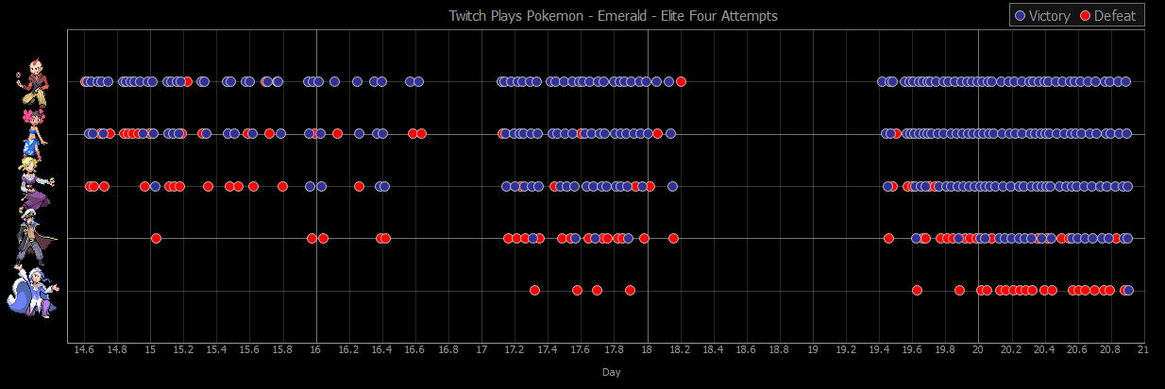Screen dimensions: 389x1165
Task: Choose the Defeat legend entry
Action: point(1107,16)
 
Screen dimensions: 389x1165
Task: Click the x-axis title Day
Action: point(612,372)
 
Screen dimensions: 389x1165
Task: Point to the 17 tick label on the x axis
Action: point(481,349)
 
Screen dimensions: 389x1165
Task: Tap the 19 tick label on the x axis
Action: point(813,349)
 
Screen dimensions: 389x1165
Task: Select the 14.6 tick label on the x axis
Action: point(84,349)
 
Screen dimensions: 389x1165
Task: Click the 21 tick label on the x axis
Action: point(1142,349)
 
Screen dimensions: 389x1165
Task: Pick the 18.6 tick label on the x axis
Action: point(746,349)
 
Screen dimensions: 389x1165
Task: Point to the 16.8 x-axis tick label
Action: point(448,349)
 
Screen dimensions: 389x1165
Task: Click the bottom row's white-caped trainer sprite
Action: point(35,290)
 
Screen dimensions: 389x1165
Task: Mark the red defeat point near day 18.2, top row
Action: point(681,82)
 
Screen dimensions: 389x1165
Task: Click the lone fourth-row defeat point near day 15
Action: point(156,238)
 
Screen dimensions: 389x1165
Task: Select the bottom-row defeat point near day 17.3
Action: point(534,290)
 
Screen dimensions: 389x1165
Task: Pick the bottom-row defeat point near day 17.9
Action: point(630,290)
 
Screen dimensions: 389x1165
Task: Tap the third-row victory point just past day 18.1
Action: point(672,186)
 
